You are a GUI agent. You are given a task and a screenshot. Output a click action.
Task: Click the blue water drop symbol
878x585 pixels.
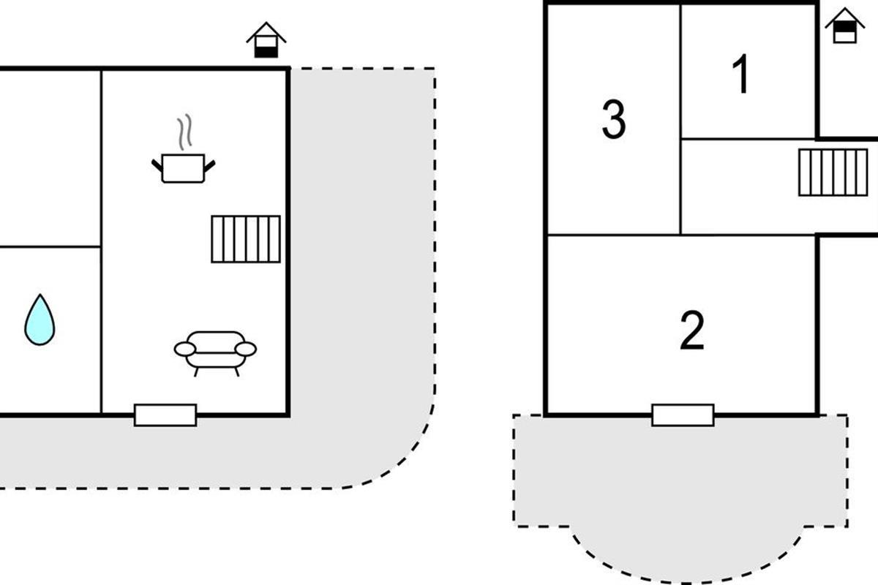[x=40, y=320]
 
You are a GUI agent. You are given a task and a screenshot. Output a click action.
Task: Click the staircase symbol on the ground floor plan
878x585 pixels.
[x=246, y=239]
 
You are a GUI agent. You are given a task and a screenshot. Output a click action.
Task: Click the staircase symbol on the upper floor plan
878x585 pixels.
[x=833, y=173]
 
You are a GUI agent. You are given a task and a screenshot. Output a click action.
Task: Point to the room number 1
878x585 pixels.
[x=740, y=74]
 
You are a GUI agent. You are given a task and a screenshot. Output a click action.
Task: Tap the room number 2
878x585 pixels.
[x=692, y=330]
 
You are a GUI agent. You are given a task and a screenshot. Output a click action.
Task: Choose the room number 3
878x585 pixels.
[x=614, y=119]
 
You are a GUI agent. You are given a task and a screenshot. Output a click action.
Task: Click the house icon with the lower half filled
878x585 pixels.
[x=266, y=40]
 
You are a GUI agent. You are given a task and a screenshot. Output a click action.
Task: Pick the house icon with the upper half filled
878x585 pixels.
[x=844, y=26]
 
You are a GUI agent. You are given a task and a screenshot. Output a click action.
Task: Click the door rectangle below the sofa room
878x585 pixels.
[x=165, y=415]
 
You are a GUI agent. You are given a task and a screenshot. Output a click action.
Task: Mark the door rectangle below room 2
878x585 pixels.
[x=683, y=415]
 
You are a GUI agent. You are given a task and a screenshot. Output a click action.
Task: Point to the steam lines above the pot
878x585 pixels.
[x=184, y=132]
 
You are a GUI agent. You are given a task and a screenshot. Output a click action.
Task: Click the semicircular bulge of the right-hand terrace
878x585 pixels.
[x=688, y=554]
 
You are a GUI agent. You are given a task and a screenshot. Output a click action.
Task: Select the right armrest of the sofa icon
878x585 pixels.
[x=245, y=349]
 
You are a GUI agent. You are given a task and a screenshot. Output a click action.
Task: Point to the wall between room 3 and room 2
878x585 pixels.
[x=613, y=235]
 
